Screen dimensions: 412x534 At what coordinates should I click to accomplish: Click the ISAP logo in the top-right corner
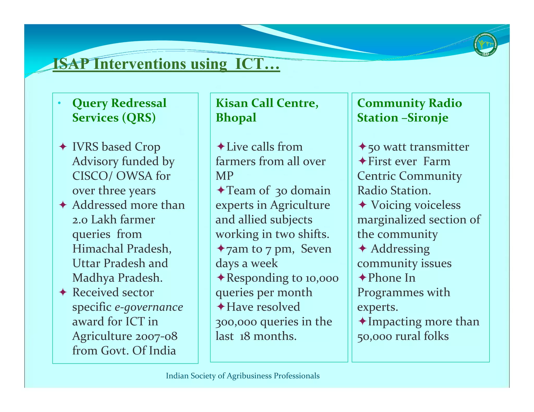(x=485, y=45)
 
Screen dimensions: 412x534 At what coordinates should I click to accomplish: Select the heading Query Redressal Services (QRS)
(x=119, y=110)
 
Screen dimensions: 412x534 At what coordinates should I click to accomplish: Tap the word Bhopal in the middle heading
(x=236, y=118)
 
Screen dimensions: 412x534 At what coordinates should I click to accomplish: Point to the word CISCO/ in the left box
(x=92, y=176)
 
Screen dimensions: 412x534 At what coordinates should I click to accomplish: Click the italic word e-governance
(x=149, y=307)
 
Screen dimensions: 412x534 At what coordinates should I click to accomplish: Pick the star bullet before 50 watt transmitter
(x=362, y=146)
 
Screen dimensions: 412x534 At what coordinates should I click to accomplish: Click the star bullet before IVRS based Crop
(x=63, y=146)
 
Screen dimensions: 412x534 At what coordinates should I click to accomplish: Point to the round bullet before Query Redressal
(x=59, y=103)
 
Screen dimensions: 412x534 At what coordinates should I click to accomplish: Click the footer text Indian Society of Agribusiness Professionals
(x=242, y=376)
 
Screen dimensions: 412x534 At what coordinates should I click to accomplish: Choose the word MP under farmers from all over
(x=224, y=176)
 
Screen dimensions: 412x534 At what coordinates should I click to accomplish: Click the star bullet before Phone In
(x=362, y=278)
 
